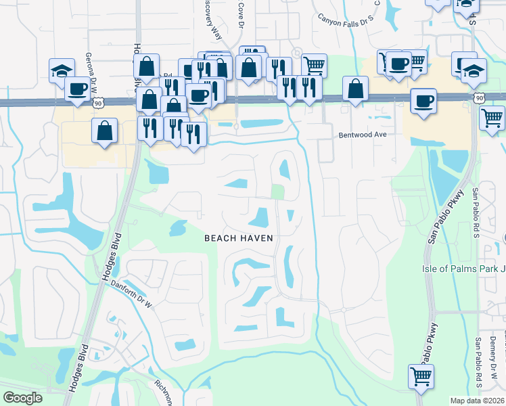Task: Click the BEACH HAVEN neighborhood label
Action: click(x=239, y=238)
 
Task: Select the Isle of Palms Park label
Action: click(x=463, y=269)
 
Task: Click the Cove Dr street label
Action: click(x=239, y=14)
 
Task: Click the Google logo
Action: click(x=22, y=398)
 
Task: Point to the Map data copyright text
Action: click(x=477, y=400)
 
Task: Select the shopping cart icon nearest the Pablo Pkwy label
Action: click(x=421, y=375)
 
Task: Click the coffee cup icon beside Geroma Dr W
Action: click(x=78, y=89)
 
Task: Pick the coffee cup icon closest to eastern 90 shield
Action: click(x=423, y=101)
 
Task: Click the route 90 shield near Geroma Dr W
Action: click(x=99, y=102)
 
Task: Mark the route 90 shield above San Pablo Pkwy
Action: click(x=479, y=98)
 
